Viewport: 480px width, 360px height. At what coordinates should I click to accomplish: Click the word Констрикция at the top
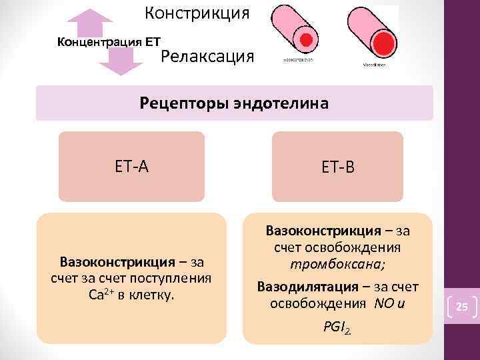[197, 13]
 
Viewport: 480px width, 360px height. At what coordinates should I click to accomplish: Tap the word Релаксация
[208, 56]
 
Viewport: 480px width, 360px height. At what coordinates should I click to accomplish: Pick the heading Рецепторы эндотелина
[234, 103]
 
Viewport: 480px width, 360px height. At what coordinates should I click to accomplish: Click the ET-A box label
[131, 166]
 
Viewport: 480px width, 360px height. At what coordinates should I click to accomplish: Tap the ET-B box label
[337, 167]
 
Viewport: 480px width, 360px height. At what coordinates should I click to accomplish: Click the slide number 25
[462, 307]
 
